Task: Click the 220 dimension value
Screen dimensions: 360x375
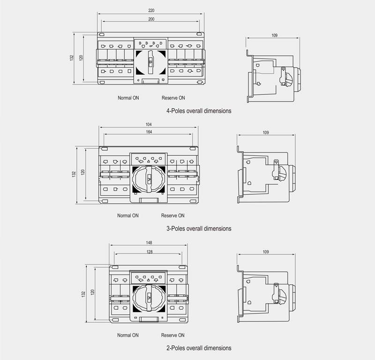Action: (x=151, y=10)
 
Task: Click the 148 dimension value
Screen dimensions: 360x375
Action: (x=149, y=243)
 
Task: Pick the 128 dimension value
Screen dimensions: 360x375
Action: (x=149, y=252)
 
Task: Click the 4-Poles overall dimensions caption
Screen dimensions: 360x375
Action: (x=199, y=112)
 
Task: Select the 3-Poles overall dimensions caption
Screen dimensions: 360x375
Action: (x=199, y=229)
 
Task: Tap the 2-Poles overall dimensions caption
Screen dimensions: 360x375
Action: (x=199, y=348)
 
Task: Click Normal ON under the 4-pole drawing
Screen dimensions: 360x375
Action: (x=128, y=98)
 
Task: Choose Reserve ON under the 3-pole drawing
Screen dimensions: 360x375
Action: (x=173, y=216)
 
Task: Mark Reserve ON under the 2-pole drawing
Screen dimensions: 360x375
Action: (x=173, y=336)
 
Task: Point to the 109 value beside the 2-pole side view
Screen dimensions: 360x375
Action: (x=266, y=252)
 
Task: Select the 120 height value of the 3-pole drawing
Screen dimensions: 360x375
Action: (x=83, y=172)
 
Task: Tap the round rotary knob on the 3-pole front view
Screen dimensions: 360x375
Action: (x=149, y=179)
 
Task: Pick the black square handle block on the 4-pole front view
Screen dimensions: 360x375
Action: (x=151, y=62)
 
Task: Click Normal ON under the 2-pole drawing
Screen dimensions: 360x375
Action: (x=128, y=336)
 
